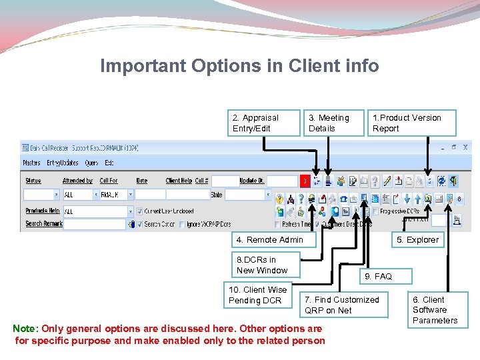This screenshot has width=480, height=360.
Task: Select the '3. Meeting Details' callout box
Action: point(335,123)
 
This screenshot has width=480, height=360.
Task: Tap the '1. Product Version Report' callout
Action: point(412,123)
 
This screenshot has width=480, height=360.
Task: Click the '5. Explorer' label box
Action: point(418,240)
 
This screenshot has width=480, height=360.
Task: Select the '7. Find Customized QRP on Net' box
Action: point(343,305)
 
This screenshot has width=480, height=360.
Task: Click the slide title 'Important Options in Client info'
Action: point(239,66)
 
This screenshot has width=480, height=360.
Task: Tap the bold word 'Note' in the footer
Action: point(25,329)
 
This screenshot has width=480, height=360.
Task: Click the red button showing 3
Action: point(304,181)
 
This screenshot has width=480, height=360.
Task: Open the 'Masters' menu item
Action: point(31,163)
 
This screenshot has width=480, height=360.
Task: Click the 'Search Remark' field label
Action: point(43,224)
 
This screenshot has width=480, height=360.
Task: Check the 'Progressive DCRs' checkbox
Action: point(377,211)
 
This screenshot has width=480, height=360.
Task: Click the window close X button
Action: point(465,147)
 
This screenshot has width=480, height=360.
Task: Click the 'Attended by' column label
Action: point(77,181)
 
